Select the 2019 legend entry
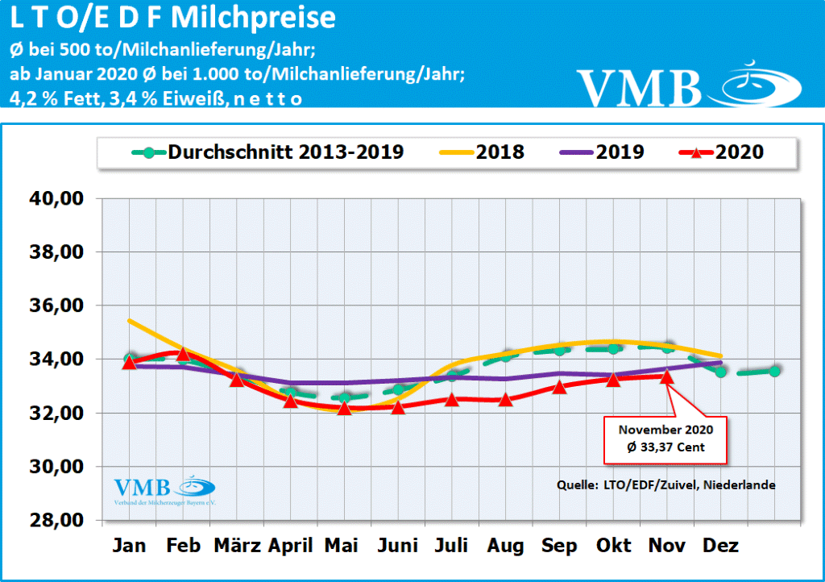tap(595, 152)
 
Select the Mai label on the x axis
tap(342, 547)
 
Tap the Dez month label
tap(721, 547)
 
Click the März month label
tap(237, 547)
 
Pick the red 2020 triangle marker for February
tap(184, 353)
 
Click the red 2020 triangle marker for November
tap(666, 376)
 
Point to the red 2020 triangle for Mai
tap(344, 408)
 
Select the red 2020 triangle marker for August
tap(505, 398)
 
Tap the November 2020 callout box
tap(665, 440)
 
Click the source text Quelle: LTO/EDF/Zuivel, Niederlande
tap(665, 485)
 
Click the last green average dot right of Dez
tap(774, 371)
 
